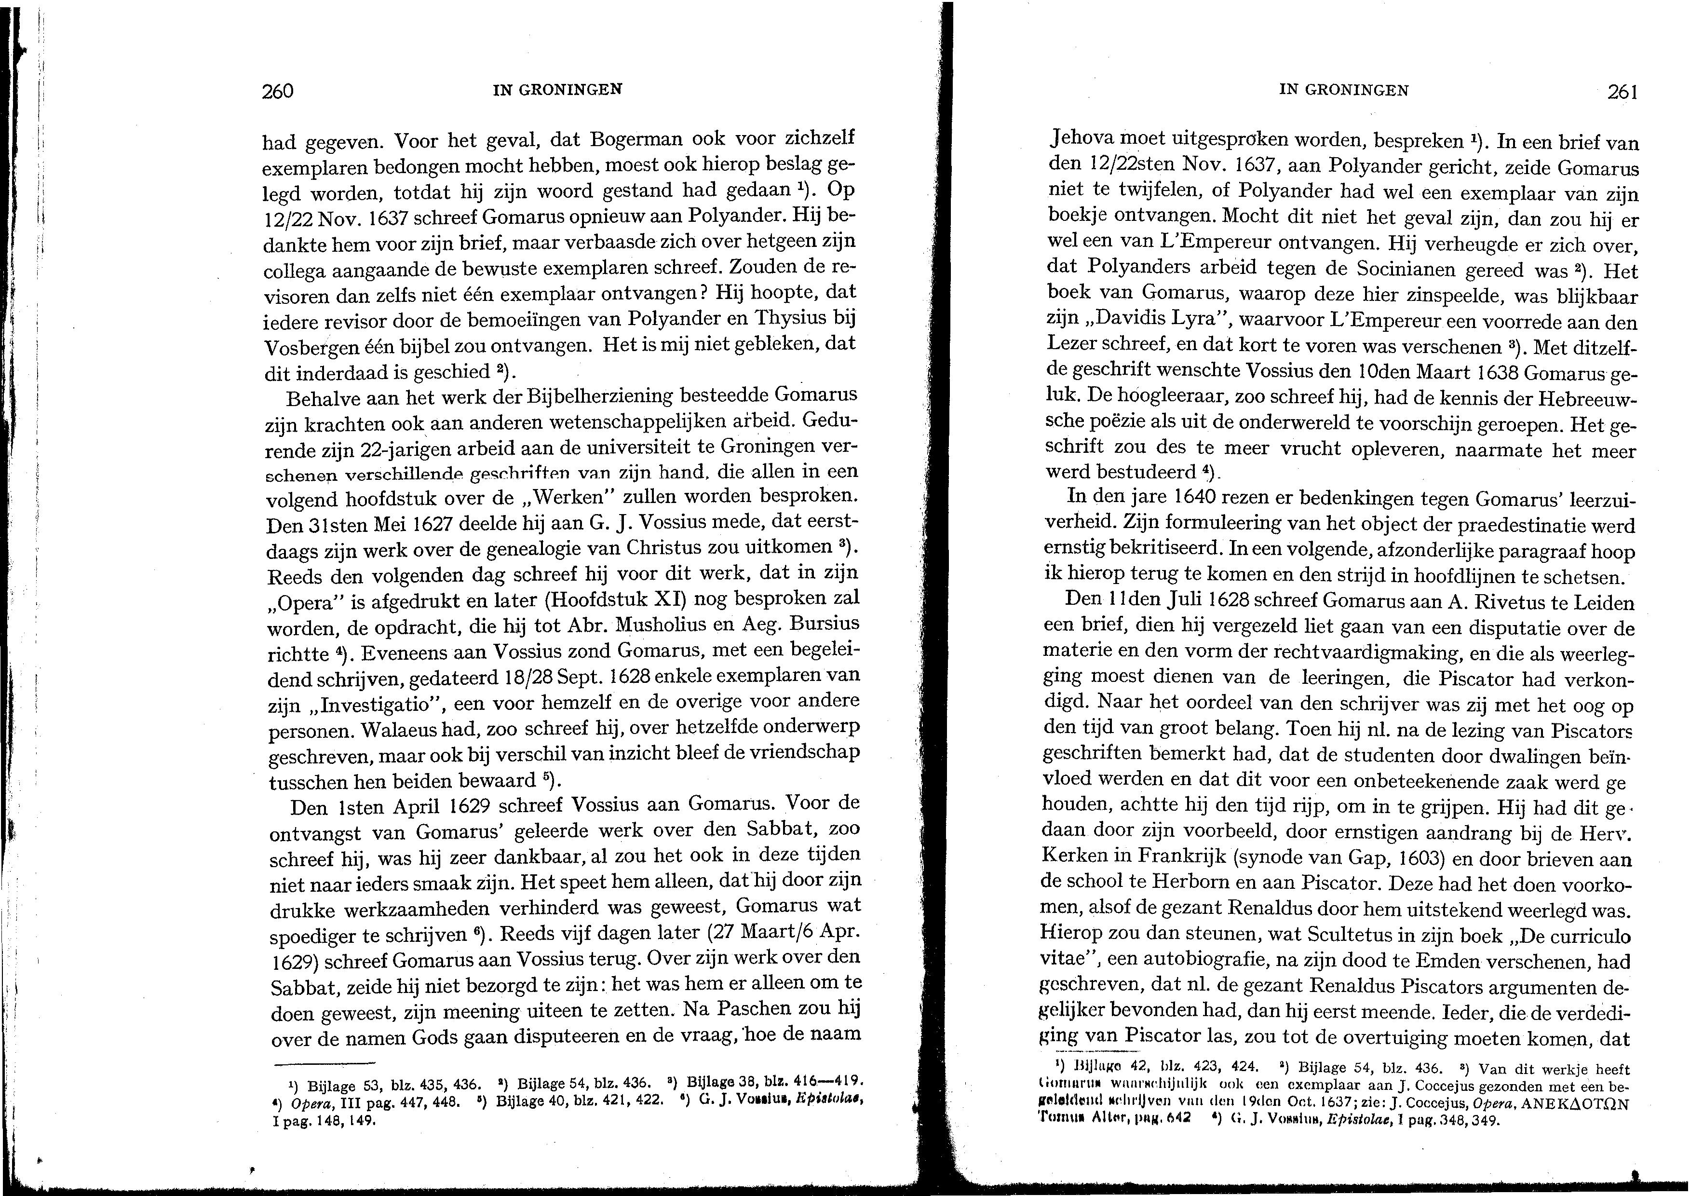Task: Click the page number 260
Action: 278,91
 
